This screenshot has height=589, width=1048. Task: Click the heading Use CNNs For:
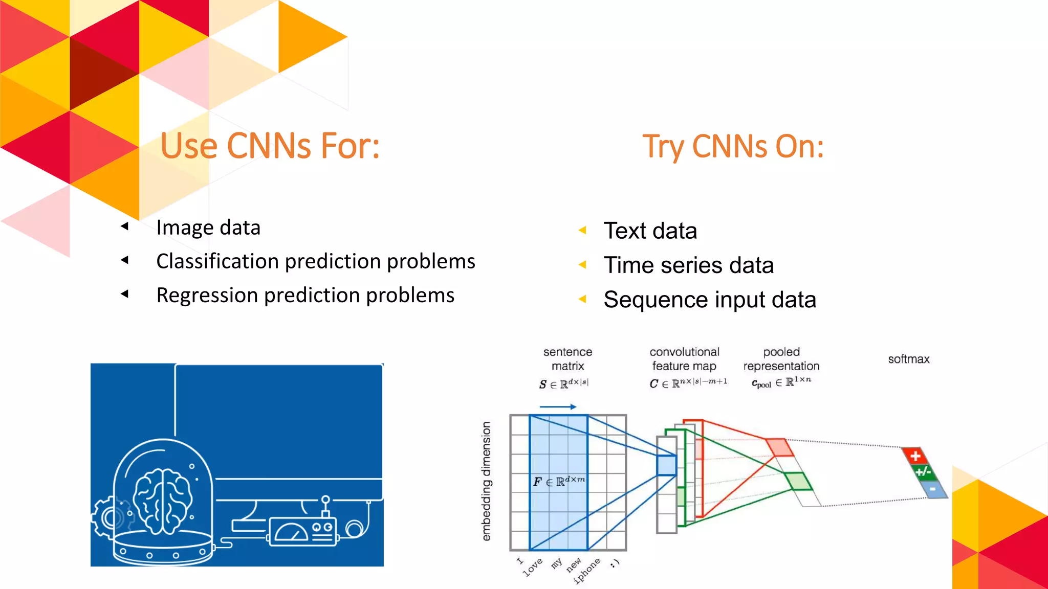(270, 146)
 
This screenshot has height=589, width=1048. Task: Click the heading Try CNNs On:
(733, 147)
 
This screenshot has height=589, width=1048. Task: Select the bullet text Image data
(208, 228)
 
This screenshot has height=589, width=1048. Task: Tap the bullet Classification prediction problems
(315, 261)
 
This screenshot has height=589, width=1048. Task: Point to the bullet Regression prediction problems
(305, 296)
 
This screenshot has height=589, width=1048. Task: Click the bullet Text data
(650, 231)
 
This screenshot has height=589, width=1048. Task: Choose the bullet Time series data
(688, 265)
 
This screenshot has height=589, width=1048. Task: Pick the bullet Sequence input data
(709, 300)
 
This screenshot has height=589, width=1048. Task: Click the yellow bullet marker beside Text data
(582, 231)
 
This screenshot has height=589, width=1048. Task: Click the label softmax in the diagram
(908, 359)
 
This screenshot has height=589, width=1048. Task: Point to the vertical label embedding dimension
(486, 481)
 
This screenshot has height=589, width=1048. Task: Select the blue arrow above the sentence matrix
(558, 407)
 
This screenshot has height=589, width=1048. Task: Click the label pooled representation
(781, 359)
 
